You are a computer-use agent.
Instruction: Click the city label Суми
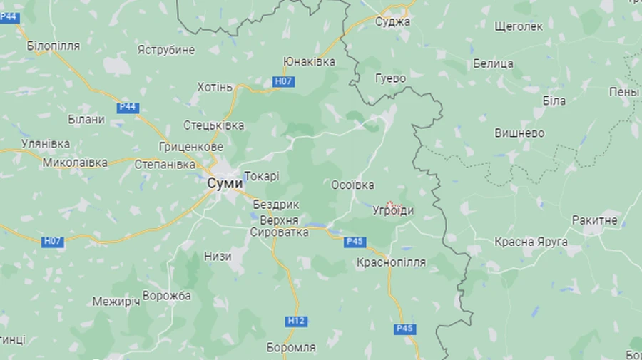pyautogui.click(x=224, y=183)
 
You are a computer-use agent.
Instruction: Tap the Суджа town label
pyautogui.click(x=392, y=21)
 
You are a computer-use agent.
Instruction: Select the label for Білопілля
pyautogui.click(x=53, y=46)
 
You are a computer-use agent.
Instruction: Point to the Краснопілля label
pyautogui.click(x=391, y=262)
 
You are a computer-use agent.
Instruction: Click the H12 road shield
pyautogui.click(x=296, y=321)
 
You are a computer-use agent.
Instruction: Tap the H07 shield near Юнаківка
pyautogui.click(x=284, y=82)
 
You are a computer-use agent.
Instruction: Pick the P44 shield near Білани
pyautogui.click(x=128, y=107)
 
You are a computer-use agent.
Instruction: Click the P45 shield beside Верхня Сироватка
pyautogui.click(x=355, y=242)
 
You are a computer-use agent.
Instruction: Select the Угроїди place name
pyautogui.click(x=393, y=210)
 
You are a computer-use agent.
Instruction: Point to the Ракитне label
pyautogui.click(x=595, y=220)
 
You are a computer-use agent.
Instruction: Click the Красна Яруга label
pyautogui.click(x=531, y=242)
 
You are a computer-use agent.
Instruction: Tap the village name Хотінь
pyautogui.click(x=215, y=87)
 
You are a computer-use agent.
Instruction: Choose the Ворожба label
pyautogui.click(x=167, y=295)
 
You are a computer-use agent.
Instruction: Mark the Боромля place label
pyautogui.click(x=290, y=347)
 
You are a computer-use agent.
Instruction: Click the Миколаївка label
pyautogui.click(x=75, y=163)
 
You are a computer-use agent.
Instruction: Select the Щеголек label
pyautogui.click(x=519, y=26)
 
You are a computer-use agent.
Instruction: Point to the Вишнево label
pyautogui.click(x=519, y=133)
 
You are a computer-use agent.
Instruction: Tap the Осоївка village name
pyautogui.click(x=352, y=185)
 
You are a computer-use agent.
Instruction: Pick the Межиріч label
pyautogui.click(x=116, y=302)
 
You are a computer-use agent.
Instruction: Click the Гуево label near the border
pyautogui.click(x=390, y=78)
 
